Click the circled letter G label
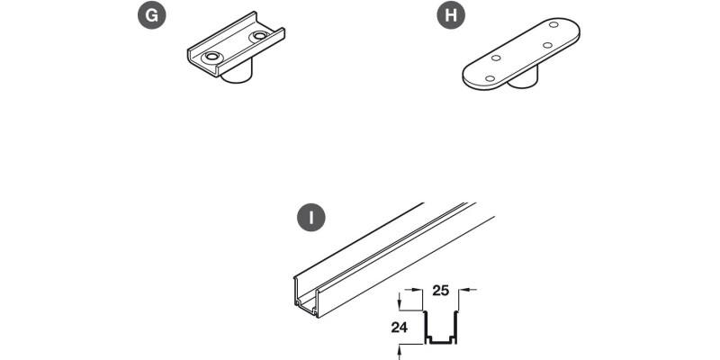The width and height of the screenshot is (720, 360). [152, 15]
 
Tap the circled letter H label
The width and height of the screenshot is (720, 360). [451, 15]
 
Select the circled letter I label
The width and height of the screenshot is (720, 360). [311, 217]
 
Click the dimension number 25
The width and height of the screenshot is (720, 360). [440, 291]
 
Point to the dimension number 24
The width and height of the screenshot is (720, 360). [400, 328]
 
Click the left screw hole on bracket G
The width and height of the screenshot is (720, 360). [211, 57]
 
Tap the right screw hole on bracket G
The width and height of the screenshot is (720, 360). [260, 35]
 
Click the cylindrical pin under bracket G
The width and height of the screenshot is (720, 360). [237, 74]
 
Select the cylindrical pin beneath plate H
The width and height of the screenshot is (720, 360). [523, 79]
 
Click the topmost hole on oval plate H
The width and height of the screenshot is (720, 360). [553, 24]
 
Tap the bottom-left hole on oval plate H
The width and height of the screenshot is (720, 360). [490, 78]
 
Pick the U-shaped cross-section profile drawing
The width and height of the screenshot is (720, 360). [440, 328]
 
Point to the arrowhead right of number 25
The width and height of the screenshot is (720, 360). [463, 290]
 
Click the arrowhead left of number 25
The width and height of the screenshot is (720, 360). [418, 290]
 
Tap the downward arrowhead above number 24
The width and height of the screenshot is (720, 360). [400, 305]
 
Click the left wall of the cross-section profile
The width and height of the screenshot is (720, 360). [425, 326]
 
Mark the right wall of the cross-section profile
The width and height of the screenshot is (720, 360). [456, 326]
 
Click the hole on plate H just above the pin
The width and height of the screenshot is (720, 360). [547, 45]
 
